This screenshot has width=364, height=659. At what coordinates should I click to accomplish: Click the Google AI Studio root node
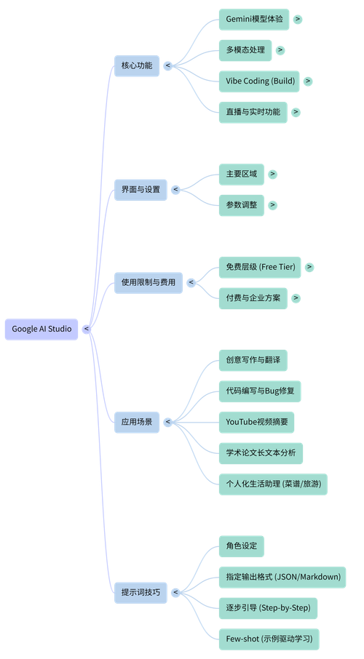coord(41,329)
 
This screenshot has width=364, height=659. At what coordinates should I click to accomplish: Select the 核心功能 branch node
coord(136,65)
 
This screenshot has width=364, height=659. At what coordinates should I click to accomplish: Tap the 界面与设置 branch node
coord(141,190)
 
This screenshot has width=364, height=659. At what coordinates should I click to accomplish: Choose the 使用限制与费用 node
coord(148,282)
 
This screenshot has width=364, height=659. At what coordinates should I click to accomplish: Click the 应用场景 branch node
coord(136,421)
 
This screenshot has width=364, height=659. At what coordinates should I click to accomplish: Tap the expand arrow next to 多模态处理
coord(280,50)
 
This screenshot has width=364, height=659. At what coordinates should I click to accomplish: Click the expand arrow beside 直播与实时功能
coord(296,112)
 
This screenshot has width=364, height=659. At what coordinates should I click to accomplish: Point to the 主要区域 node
coord(241,175)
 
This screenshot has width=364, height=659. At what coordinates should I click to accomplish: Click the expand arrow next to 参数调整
coord(272,205)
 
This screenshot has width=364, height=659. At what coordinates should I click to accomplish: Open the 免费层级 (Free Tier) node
coord(260,267)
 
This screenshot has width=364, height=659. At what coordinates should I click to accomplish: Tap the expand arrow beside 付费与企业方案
coord(296,297)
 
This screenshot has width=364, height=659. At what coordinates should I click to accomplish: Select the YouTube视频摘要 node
coord(256,421)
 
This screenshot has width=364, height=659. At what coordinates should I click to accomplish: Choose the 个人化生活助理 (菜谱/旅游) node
coord(272,483)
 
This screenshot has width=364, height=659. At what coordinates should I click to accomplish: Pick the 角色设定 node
coord(241,546)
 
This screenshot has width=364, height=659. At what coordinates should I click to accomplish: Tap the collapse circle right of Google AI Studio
coord(87,329)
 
